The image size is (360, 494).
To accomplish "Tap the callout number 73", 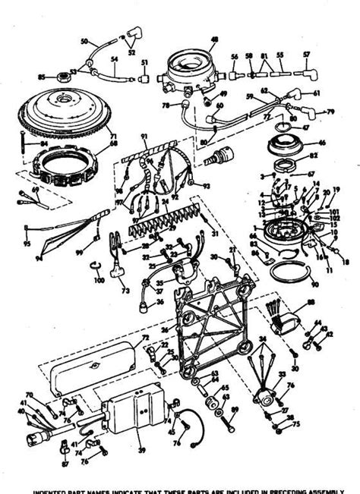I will pos(123,290).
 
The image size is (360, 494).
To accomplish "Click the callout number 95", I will pos(27,245).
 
